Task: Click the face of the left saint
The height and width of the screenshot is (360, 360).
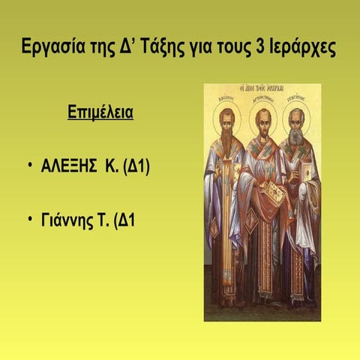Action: [x=226, y=121]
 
